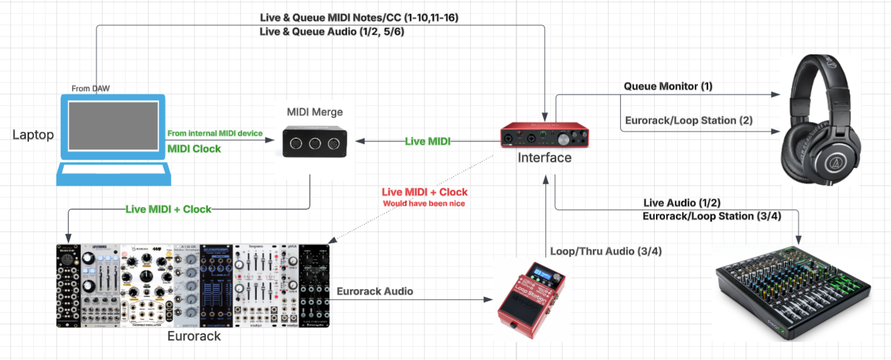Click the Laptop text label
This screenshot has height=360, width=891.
(x=33, y=135)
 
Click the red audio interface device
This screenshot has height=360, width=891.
(x=545, y=136)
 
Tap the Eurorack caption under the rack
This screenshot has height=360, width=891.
(x=194, y=336)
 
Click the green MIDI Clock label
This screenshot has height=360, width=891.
(x=194, y=149)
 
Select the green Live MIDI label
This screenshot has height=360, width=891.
(x=428, y=141)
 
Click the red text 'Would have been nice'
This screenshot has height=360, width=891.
(x=424, y=203)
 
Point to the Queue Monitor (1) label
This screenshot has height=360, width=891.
(x=668, y=86)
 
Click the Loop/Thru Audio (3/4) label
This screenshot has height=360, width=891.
(x=606, y=251)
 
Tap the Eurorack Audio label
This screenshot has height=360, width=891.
(x=375, y=291)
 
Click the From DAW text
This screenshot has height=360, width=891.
(x=90, y=89)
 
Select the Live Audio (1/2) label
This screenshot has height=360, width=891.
(x=682, y=203)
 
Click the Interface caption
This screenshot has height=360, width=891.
(x=544, y=158)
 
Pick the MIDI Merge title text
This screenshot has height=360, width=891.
(x=315, y=112)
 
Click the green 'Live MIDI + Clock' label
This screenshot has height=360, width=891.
(x=168, y=209)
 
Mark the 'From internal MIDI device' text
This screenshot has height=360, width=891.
(x=215, y=134)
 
